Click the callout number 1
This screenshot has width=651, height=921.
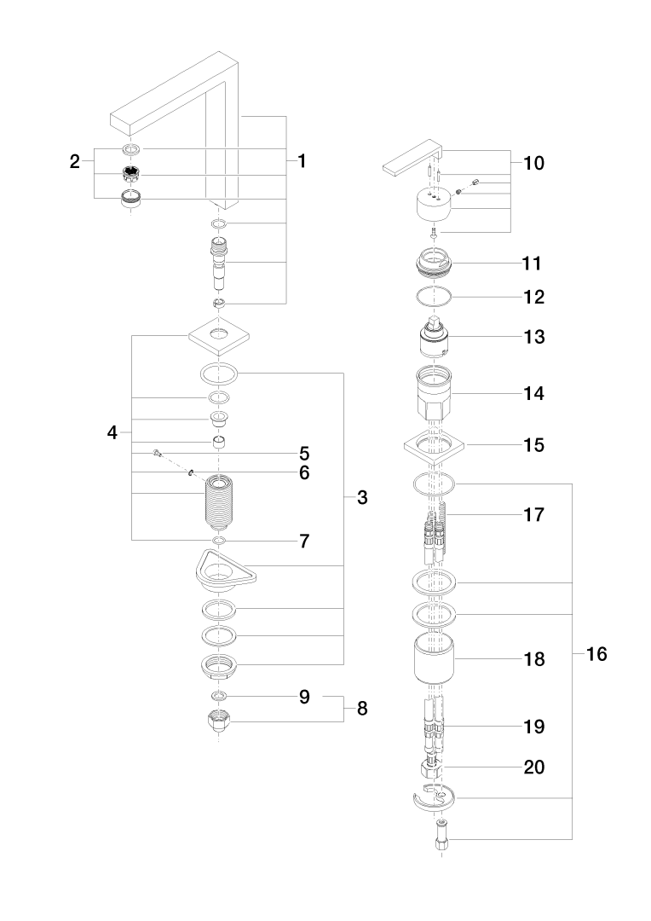click(x=301, y=159)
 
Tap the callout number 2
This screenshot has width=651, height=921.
click(x=75, y=159)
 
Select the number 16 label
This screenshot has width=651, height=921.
click(x=596, y=655)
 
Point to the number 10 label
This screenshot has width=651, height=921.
click(x=533, y=163)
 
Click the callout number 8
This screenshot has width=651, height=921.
click(x=362, y=709)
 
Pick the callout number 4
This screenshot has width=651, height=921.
click(x=112, y=432)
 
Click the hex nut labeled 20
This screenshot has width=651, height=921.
click(x=432, y=767)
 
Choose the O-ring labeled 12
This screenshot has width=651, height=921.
click(x=435, y=298)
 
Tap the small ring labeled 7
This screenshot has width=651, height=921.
click(x=219, y=541)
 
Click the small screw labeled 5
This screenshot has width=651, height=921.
click(x=158, y=452)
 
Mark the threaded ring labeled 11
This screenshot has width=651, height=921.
click(x=435, y=261)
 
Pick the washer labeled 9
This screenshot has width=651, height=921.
click(x=219, y=697)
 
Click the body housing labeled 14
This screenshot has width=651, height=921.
click(x=435, y=394)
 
